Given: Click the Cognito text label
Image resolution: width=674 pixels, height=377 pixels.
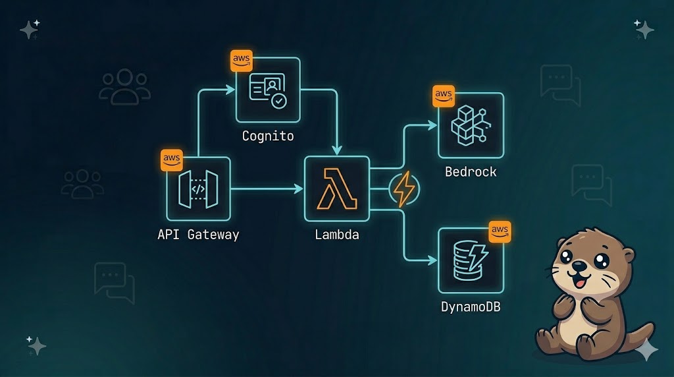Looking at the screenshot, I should point(268,136).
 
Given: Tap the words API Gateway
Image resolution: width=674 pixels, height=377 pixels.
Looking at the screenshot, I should point(198,234).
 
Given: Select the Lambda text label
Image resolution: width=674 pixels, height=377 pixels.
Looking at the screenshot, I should point(336,234).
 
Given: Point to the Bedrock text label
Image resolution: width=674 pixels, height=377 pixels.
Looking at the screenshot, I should point(471,172).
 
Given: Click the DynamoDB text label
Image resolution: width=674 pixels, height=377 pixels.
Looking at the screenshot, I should point(471,306).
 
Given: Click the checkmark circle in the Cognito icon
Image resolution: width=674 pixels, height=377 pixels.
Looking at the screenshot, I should point(280,101).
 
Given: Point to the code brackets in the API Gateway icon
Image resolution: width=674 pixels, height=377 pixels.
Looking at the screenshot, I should point(198,189).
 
